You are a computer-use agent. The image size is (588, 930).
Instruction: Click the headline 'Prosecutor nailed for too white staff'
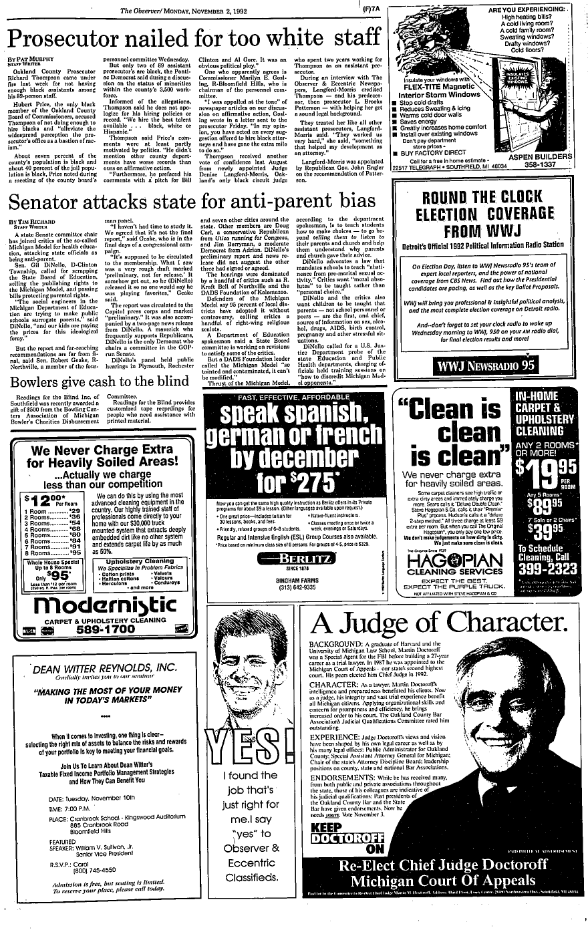tap(194, 35)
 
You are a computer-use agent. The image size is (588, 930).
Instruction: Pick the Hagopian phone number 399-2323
tap(542, 569)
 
